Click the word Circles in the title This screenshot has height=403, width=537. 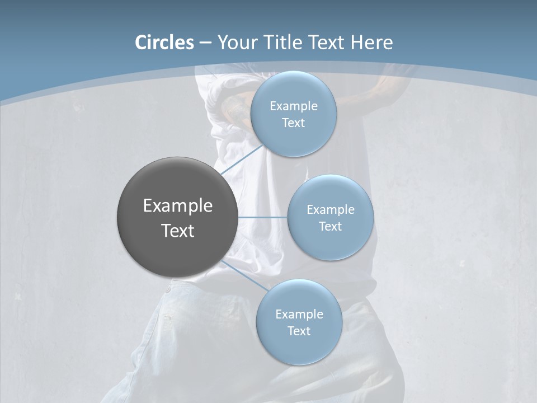(x=164, y=43)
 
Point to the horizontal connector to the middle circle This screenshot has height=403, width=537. (x=262, y=217)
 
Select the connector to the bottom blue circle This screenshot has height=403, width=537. (x=244, y=275)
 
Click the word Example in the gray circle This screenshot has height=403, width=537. (x=178, y=206)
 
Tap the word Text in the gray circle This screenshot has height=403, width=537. (x=178, y=231)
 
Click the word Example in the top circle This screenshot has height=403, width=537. (x=294, y=106)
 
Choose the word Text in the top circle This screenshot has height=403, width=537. (x=293, y=123)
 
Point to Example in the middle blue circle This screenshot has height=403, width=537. (x=331, y=210)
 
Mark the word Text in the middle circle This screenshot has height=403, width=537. (x=330, y=227)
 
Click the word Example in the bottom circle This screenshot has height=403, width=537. (x=299, y=315)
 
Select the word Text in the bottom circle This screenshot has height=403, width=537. (x=299, y=331)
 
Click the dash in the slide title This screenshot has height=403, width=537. (x=205, y=43)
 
